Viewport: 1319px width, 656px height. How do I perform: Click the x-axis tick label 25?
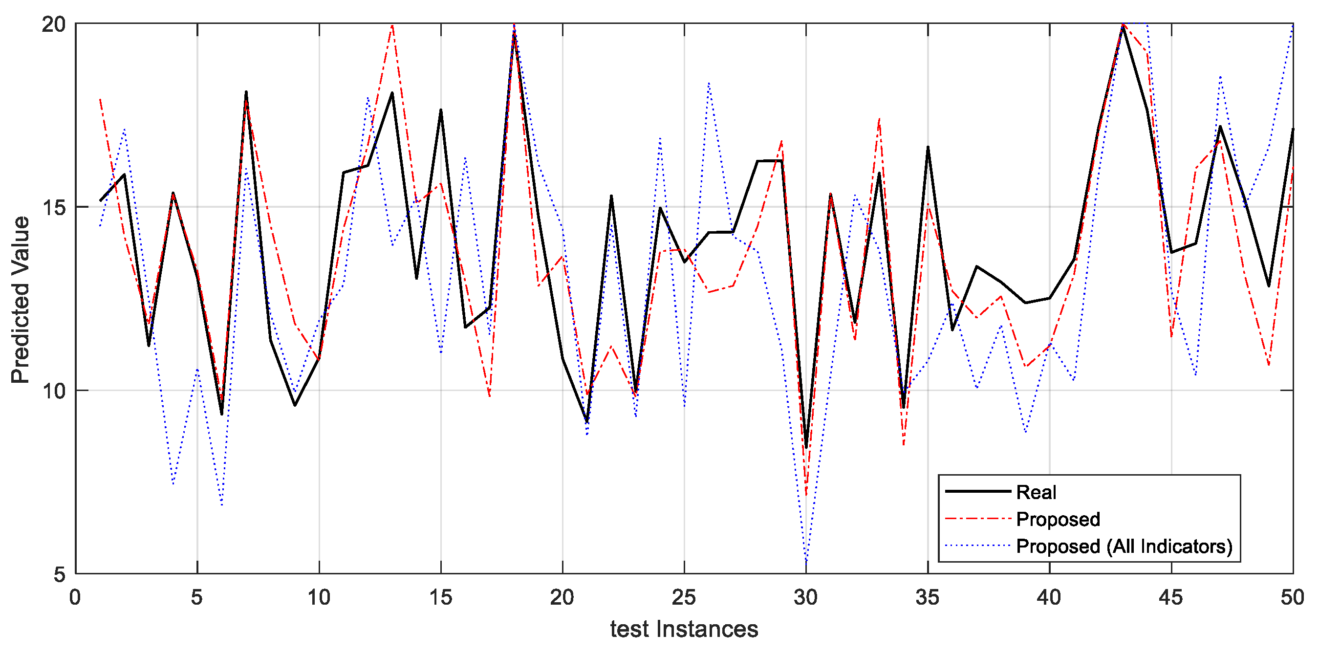[684, 598]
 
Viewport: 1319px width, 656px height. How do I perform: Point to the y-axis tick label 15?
[54, 207]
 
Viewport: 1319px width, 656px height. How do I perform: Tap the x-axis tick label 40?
[1049, 598]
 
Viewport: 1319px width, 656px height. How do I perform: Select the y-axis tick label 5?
[60, 574]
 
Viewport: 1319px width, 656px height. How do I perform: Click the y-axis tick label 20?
[54, 24]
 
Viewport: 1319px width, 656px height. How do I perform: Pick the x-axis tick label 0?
[75, 598]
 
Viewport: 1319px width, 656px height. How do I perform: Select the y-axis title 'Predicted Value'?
[21, 300]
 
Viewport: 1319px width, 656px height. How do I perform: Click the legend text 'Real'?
[1036, 493]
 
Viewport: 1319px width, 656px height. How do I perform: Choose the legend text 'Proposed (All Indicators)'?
[1124, 547]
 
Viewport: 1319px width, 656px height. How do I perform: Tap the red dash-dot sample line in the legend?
[977, 519]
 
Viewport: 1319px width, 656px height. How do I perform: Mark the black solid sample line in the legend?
[977, 492]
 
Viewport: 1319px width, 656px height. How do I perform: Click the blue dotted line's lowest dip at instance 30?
[806, 561]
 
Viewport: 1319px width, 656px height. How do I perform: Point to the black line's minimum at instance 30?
[806, 448]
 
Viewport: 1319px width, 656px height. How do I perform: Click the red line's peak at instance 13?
[392, 24]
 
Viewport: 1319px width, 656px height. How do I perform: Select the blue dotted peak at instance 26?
[709, 83]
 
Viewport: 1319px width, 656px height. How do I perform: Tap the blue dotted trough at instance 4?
[173, 484]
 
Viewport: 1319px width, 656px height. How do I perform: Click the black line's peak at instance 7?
[246, 92]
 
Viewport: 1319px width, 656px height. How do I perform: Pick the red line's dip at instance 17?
[490, 396]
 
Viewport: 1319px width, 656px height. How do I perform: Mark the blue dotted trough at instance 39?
[1026, 432]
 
